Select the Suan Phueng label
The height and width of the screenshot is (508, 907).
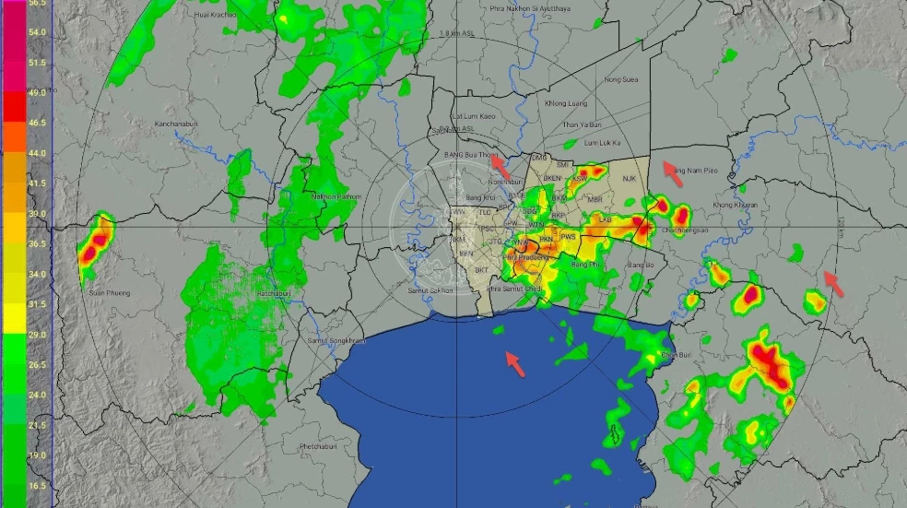pos(109,293)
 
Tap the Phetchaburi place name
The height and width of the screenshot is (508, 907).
pos(323,447)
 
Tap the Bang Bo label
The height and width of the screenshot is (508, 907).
pos(640,266)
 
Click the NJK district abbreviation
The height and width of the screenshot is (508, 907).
pos(630,178)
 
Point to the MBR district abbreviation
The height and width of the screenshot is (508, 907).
pos(595,199)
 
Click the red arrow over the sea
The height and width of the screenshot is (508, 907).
pos(516,363)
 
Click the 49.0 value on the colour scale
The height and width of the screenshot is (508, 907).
pos(37,93)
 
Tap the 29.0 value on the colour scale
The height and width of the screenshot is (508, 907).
pos(37,336)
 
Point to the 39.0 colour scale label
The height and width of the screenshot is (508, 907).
pos(37,214)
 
